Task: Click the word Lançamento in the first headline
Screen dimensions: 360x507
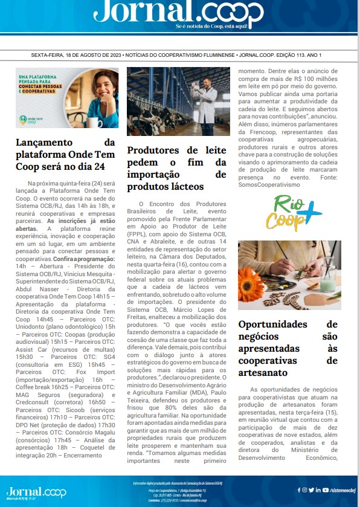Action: pyautogui.click(x=50, y=142)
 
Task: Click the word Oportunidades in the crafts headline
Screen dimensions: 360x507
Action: pyautogui.click(x=273, y=325)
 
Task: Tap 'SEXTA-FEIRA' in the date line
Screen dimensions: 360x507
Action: pyautogui.click(x=50, y=54)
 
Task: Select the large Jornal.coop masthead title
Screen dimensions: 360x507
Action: pyautogui.click(x=179, y=13)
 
